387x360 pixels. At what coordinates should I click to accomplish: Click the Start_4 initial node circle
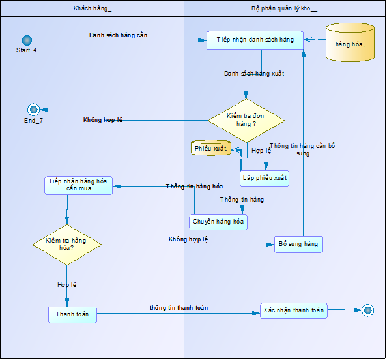(27, 40)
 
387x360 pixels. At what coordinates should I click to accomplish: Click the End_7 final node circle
(34, 110)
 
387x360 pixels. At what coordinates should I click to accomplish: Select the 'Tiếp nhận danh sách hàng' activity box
(255, 40)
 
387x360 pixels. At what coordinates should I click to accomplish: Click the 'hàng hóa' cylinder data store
(350, 42)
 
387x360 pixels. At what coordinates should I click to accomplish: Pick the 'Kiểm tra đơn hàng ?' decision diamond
(246, 121)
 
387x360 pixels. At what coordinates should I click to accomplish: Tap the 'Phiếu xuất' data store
(211, 148)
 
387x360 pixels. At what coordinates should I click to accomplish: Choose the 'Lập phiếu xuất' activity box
(265, 178)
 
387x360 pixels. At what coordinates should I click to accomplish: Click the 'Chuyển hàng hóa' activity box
(218, 222)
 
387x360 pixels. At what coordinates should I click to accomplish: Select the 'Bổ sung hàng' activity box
(298, 245)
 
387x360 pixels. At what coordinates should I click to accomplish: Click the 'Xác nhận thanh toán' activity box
(294, 310)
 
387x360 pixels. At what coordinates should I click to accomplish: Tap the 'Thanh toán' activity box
(72, 315)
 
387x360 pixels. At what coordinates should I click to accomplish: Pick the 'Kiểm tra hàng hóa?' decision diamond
(67, 245)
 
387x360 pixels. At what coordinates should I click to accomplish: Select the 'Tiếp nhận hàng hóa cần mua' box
(78, 186)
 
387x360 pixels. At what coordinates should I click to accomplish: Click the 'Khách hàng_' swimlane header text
(93, 8)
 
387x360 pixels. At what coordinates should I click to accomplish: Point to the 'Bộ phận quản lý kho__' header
(284, 8)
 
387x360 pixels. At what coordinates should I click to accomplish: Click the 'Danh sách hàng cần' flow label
(118, 35)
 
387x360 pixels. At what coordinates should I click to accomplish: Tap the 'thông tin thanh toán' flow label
(179, 308)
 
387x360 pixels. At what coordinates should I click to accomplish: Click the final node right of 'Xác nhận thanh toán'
(368, 310)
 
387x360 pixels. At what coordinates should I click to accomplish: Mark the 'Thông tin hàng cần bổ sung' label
(302, 149)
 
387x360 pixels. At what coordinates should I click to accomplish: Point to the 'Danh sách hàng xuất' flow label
(254, 74)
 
